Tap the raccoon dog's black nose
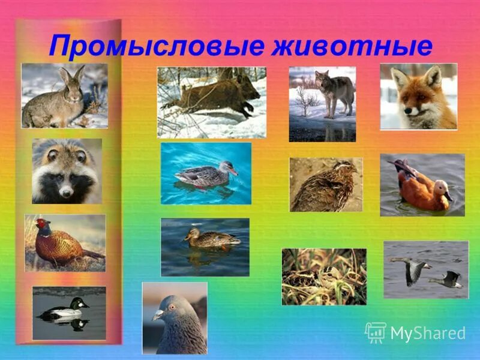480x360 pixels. pyautogui.click(x=66, y=191)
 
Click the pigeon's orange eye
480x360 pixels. pyautogui.click(x=171, y=306)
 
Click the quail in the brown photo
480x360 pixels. pyautogui.click(x=327, y=184)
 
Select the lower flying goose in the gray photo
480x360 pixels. pyautogui.click(x=448, y=279)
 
